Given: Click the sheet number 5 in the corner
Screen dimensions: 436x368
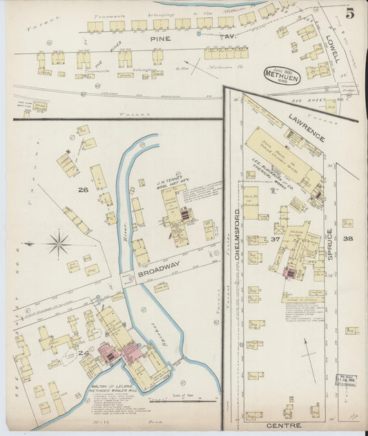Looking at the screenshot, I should (350, 13).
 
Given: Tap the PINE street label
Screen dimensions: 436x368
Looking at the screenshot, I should (160, 41).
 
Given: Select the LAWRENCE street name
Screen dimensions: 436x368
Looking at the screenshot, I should (307, 128).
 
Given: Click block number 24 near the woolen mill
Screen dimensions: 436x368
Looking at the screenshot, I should (85, 353).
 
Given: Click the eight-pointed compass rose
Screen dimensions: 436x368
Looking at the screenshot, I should (59, 244).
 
